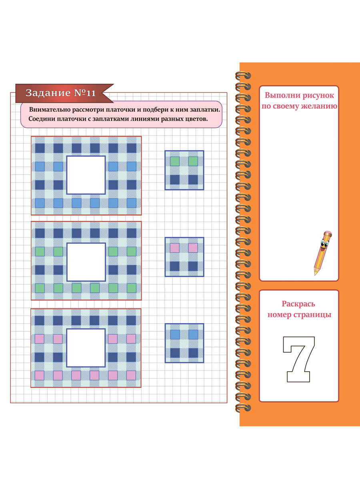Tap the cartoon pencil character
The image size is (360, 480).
323,252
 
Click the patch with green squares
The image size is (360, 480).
184,170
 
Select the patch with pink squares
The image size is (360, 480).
184,257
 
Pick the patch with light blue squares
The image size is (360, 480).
184,343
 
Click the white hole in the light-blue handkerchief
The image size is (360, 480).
86,175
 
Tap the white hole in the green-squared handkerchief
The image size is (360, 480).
86,262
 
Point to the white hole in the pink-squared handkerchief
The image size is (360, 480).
86,348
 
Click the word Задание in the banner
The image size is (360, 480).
48,93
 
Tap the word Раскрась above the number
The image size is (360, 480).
298,304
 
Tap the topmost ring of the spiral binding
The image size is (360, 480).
243,76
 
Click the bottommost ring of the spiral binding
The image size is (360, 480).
243,408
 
